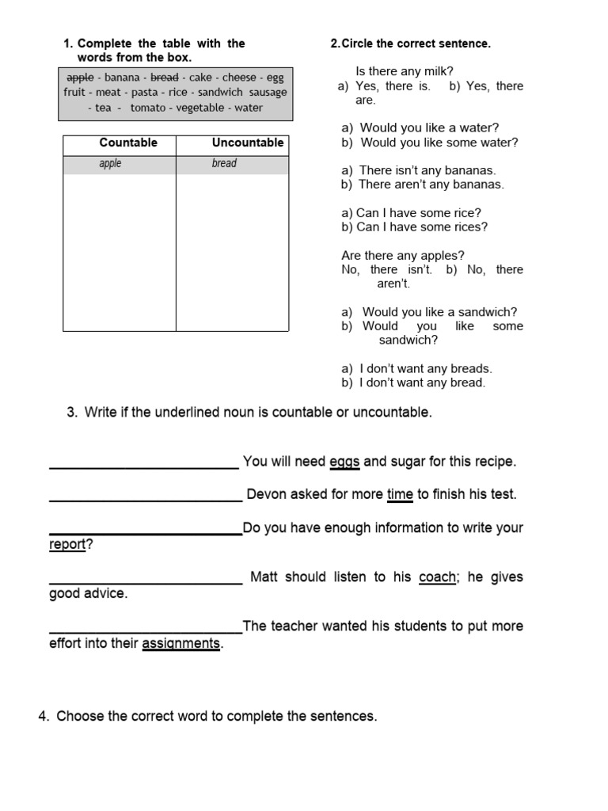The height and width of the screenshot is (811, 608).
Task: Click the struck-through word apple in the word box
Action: click(x=80, y=78)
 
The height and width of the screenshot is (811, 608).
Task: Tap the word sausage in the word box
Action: click(x=268, y=93)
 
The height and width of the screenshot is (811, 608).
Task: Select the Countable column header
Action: click(x=127, y=143)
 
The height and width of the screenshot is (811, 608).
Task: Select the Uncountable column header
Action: click(x=247, y=143)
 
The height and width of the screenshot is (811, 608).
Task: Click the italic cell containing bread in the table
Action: click(x=224, y=164)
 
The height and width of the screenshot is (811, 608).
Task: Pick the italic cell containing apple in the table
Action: click(x=110, y=164)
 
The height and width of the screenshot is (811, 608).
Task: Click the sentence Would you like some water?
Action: click(x=439, y=143)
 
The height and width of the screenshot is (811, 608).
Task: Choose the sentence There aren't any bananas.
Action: click(x=431, y=185)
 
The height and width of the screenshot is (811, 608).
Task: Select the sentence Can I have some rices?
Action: click(x=422, y=227)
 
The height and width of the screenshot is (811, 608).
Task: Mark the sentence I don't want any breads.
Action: click(x=425, y=368)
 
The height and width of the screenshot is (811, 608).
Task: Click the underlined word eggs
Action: click(x=344, y=462)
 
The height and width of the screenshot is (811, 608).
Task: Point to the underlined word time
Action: click(x=400, y=495)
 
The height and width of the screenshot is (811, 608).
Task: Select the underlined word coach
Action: click(x=437, y=577)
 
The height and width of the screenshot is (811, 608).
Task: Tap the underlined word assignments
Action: click(x=181, y=644)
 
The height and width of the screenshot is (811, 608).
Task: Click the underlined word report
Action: click(x=67, y=545)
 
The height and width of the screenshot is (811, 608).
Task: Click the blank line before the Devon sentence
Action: click(x=146, y=499)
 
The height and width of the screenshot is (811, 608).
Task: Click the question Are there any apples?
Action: click(x=403, y=256)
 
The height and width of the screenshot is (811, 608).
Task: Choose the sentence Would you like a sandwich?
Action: click(x=439, y=312)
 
